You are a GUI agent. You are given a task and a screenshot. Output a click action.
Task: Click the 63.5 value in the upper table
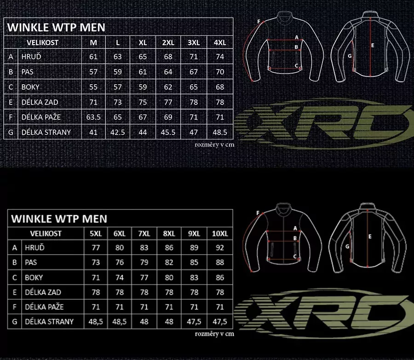pos(93,117)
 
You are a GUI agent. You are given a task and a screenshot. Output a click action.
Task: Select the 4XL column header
pos(220,42)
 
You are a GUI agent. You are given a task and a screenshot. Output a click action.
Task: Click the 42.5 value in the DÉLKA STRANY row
pos(118,132)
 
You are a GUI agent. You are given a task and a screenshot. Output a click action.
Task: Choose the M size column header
pos(93,42)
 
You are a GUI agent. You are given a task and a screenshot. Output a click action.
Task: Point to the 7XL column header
pos(144,233)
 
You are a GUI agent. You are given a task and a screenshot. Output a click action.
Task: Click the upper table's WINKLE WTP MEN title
pos(56,27)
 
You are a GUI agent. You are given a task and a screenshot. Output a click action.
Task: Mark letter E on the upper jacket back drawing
pos(373,46)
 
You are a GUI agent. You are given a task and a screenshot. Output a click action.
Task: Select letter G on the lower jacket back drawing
pos(347,246)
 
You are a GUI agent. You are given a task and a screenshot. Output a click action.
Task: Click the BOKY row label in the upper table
pos(30,87)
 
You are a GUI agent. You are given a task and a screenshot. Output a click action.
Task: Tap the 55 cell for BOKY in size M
pos(93,87)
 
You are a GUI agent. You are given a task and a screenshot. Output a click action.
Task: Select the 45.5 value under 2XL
pos(168,132)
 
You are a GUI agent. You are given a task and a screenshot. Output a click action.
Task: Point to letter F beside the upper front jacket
pos(259,21)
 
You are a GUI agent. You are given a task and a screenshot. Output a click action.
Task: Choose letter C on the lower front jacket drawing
pos(295,256)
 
